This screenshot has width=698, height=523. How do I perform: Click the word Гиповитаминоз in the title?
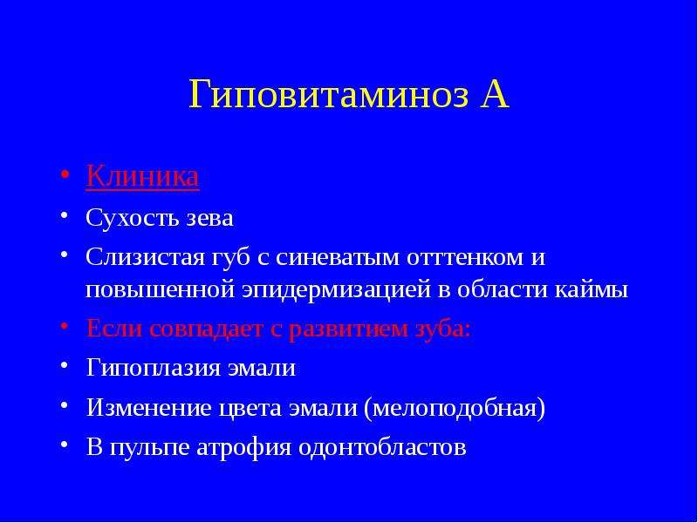point(329,95)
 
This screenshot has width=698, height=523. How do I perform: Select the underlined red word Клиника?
point(142,177)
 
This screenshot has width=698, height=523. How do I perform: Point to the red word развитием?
point(341,329)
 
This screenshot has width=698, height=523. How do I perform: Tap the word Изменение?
point(148,407)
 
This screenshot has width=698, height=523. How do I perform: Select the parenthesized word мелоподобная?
point(455,408)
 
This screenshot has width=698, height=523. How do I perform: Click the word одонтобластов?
point(382,447)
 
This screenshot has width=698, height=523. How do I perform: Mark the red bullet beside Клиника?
point(65,173)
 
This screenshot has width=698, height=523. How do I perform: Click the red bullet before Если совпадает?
point(65,325)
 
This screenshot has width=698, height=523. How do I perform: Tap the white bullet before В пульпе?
point(65,444)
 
